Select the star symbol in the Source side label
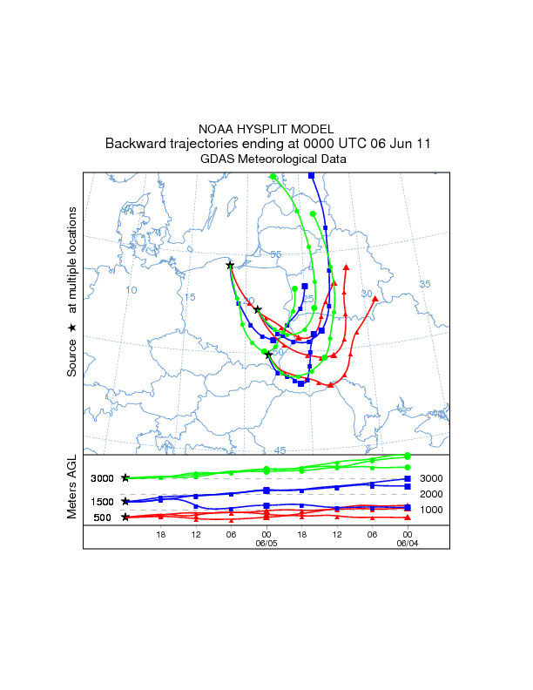pos(72,327)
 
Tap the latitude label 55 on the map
pos(276,254)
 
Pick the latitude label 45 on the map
pos(280,450)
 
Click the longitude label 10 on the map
pos(132,290)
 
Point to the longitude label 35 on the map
pos(425,285)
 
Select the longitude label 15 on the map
pos(190,298)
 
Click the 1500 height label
pos(102,502)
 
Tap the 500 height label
pos(102,517)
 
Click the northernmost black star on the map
pos(230,265)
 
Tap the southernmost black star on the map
pos(269,355)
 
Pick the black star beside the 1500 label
pos(125,501)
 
